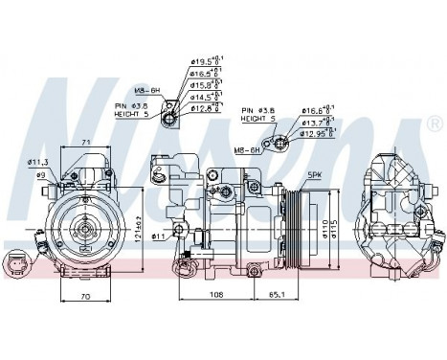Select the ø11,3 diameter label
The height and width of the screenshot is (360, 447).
(x=38, y=164)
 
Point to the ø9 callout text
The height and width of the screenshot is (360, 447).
(x=41, y=175)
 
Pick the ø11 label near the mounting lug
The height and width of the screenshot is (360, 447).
(x=158, y=235)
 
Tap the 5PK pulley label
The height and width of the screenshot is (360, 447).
(x=315, y=176)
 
